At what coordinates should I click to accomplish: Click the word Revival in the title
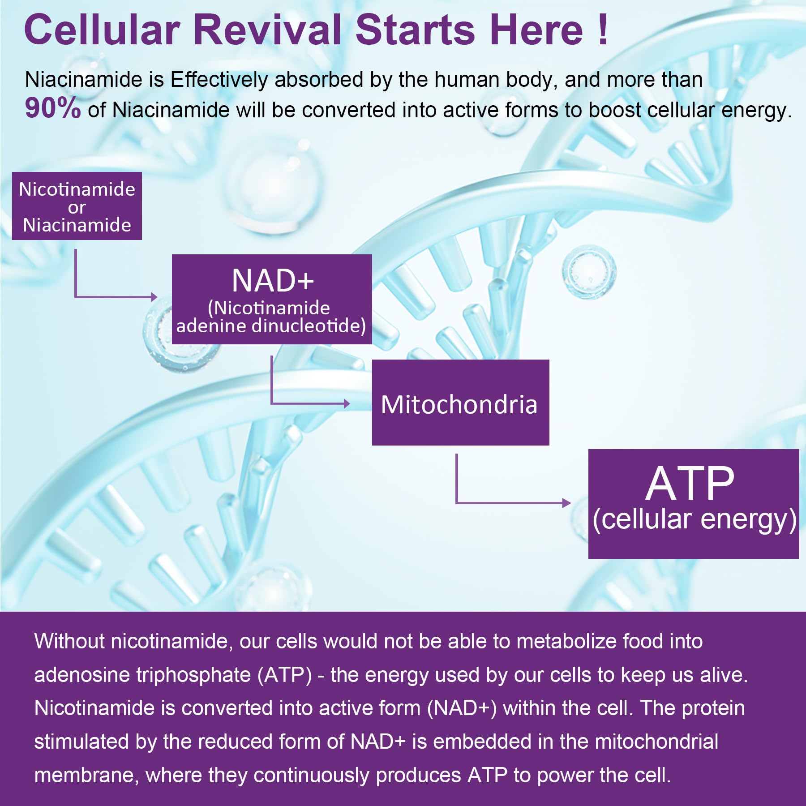(268, 30)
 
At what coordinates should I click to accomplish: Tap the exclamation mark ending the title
(603, 30)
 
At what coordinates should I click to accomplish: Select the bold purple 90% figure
(53, 108)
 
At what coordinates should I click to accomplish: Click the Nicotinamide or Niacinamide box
(77, 206)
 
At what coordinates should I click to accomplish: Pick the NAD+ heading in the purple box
(273, 281)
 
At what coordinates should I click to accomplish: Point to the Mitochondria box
(460, 402)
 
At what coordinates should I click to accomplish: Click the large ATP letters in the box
(690, 484)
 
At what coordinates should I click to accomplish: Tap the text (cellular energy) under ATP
(695, 519)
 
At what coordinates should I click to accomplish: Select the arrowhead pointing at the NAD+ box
(154, 296)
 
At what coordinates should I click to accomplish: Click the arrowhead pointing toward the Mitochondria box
(347, 403)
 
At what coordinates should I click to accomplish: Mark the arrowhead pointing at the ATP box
(567, 503)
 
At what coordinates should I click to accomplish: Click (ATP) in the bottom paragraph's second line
(285, 675)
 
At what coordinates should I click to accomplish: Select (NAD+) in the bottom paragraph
(462, 708)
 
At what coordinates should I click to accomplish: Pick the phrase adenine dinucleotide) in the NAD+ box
(271, 326)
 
